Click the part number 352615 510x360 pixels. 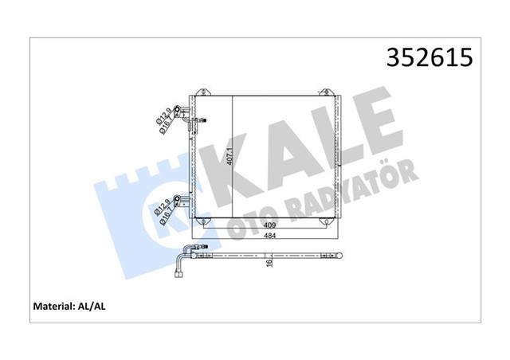pyautogui.click(x=430, y=57)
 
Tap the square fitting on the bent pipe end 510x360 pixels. pyautogui.click(x=178, y=278)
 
